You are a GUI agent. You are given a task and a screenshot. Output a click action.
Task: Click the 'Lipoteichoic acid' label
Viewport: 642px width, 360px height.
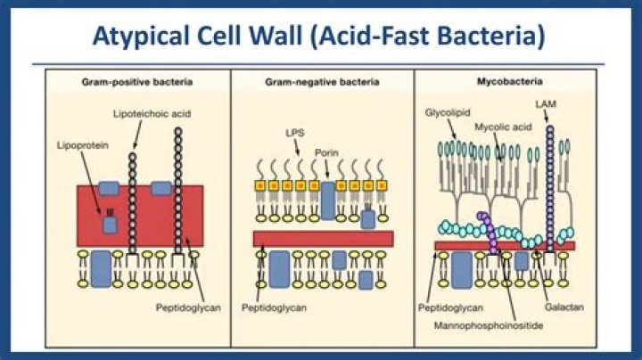153,115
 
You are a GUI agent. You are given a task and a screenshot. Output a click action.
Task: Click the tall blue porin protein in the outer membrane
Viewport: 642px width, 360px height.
327,200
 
